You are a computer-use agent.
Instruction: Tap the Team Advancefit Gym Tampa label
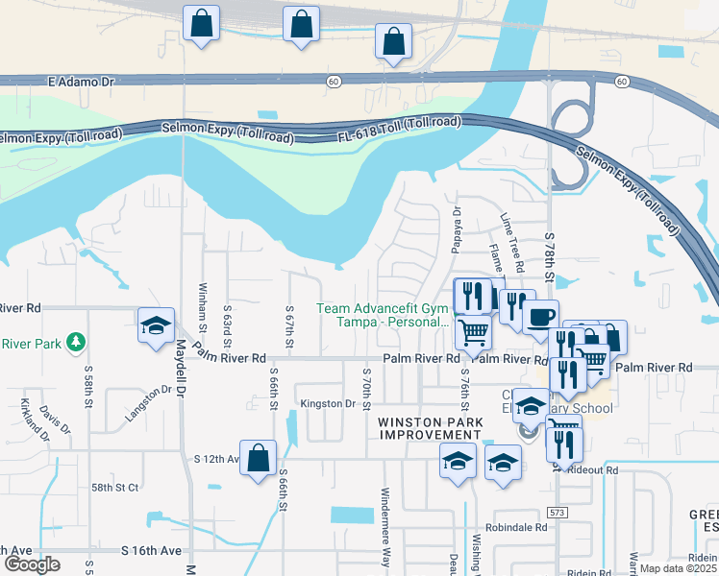pos(383,316)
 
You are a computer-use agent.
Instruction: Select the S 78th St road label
pos(550,254)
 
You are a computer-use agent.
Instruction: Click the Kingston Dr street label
pos(327,404)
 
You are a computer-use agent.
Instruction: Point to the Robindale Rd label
pos(516,527)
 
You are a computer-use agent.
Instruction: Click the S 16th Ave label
pos(152,550)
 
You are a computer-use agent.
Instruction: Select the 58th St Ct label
pos(115,488)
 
